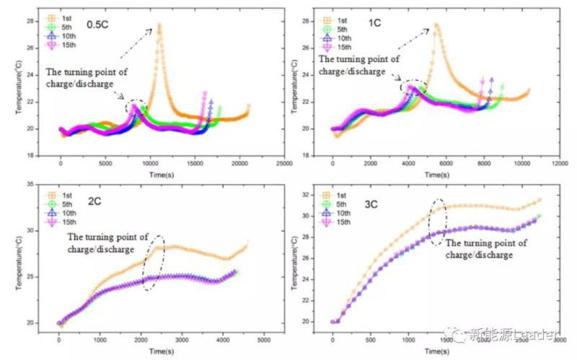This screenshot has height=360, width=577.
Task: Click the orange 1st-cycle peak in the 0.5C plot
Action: point(159,25)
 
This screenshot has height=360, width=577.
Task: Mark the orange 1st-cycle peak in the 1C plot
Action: point(436,25)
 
